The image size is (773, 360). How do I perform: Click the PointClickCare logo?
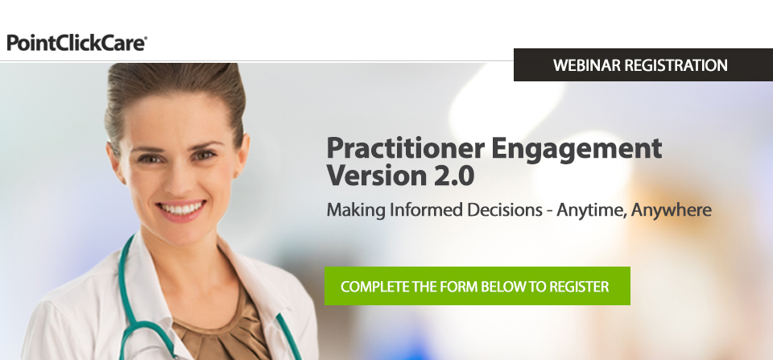tap(77, 43)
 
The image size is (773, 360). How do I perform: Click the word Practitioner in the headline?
tap(405, 148)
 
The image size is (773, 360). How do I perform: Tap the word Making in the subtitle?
tap(356, 210)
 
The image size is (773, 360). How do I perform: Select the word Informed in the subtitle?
tap(427, 209)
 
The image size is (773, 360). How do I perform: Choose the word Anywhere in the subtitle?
tap(672, 210)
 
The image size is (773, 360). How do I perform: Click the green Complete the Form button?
tap(477, 286)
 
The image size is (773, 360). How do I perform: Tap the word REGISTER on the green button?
tap(579, 287)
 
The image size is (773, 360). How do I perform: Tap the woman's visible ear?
tap(242, 155)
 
